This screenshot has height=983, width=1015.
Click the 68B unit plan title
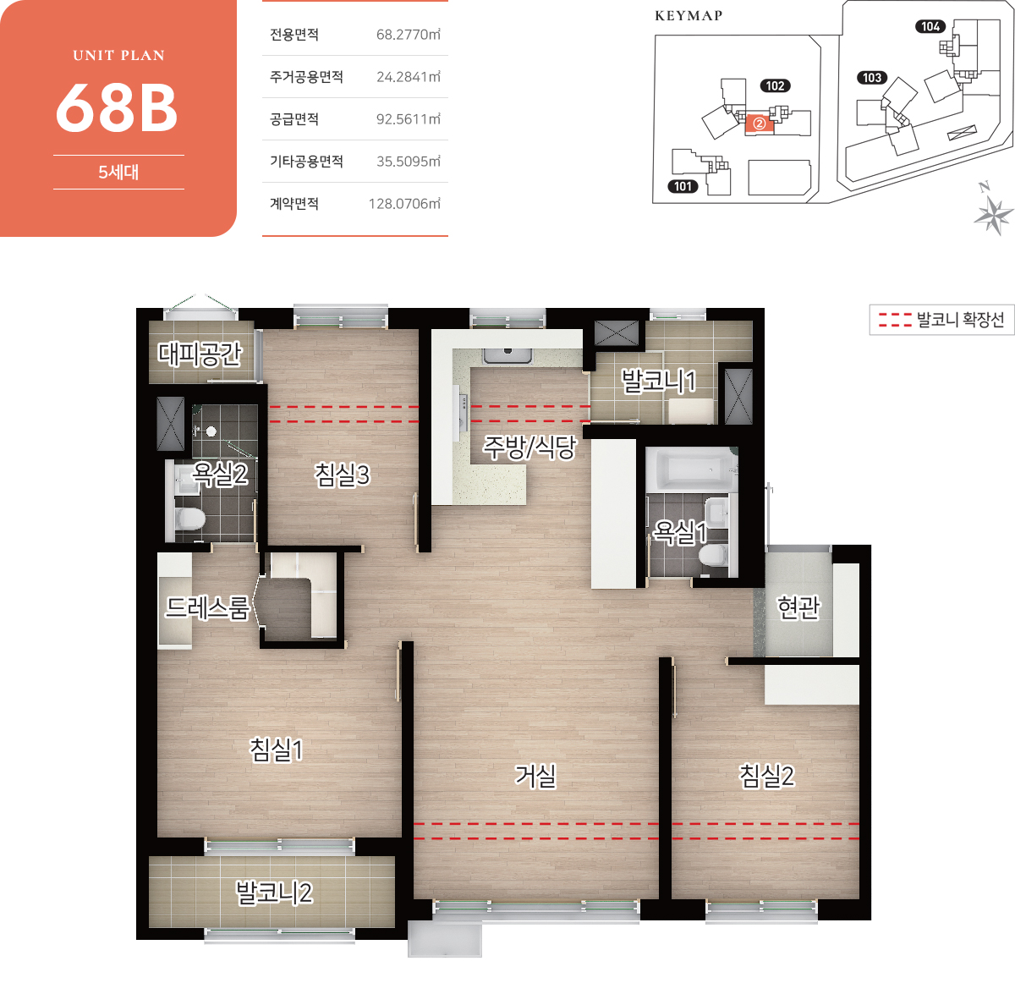click(117, 108)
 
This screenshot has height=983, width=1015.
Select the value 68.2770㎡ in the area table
click(408, 35)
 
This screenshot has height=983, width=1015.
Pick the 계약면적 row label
click(294, 204)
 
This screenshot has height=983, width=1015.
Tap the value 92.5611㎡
click(408, 119)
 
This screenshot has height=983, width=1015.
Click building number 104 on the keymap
click(930, 26)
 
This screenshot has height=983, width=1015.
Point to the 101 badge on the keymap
click(683, 186)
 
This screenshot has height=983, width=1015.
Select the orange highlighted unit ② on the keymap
click(759, 124)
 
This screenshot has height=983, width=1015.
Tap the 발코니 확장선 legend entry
click(941, 319)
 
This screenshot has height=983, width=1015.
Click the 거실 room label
click(535, 776)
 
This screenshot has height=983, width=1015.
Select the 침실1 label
click(276, 750)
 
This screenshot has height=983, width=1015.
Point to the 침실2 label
click(766, 776)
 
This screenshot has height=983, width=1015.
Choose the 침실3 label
click(342, 475)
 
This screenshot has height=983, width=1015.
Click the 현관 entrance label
click(798, 607)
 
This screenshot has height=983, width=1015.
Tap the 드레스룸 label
click(207, 607)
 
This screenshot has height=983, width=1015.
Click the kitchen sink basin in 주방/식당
click(507, 355)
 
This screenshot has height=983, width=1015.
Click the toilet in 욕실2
click(189, 519)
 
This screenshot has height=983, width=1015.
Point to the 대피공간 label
click(200, 354)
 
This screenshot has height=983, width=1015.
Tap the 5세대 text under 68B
click(118, 173)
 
